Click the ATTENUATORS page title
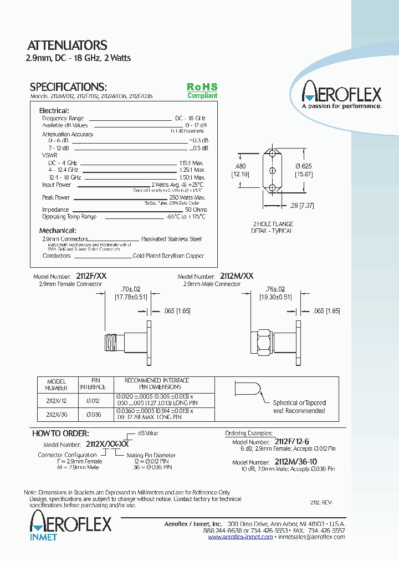pos(67,45)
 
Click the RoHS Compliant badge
pos(202,91)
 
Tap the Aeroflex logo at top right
pos(341,94)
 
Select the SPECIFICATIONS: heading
pos(68,87)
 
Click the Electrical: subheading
pos(53,111)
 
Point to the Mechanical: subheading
pos(58,231)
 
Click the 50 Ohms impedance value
pos(196,210)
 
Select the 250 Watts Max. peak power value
pos(187,197)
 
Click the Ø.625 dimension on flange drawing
pos(304,166)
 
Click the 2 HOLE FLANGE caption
pos(273,224)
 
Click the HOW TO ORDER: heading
pos(60,433)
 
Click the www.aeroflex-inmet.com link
pos(241,537)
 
